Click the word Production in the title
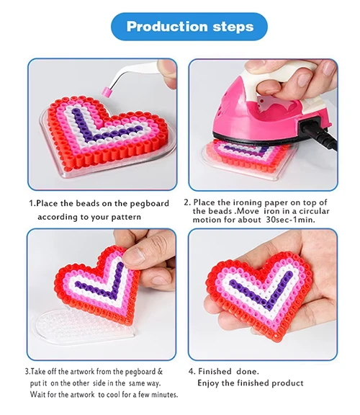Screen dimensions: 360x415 pos(167,27)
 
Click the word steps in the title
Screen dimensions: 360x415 pos(233,27)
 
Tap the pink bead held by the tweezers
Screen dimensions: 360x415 pos(107,92)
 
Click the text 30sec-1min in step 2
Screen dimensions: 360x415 pos(290,220)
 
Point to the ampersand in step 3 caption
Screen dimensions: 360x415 pos(160,371)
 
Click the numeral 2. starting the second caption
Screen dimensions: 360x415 pos(187,202)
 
